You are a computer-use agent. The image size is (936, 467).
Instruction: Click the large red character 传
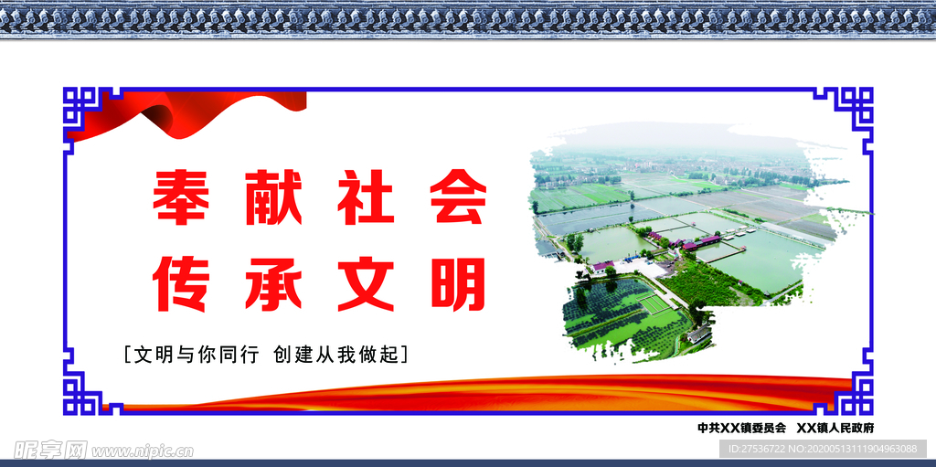180,282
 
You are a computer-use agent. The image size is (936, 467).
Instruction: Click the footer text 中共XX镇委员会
741,428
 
